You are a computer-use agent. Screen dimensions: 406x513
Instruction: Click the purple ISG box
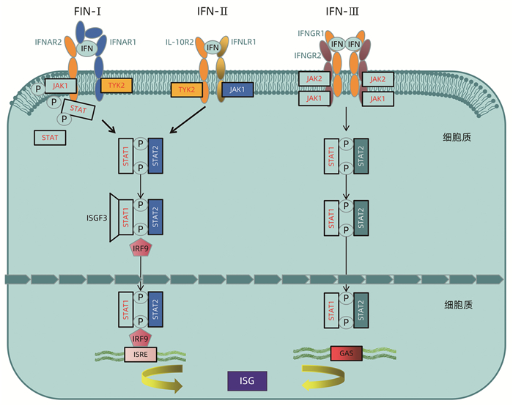pos(247,382)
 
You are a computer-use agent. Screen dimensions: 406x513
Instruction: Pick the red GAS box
pos(347,354)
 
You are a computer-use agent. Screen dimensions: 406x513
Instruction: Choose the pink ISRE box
pos(140,355)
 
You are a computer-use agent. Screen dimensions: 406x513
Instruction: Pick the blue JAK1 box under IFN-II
pos(237,89)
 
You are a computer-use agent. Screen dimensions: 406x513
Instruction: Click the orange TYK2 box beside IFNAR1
pos(116,86)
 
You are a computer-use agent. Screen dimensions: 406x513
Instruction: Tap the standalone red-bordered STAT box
pos(50,137)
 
